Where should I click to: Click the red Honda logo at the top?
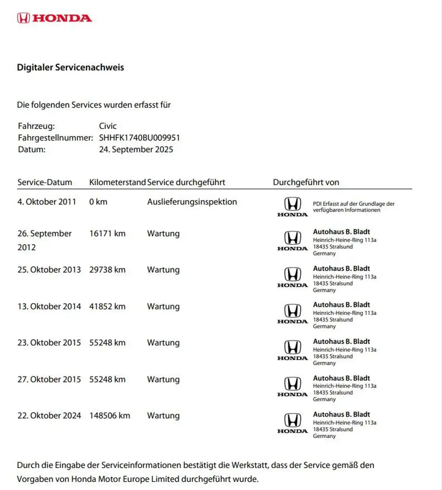coord(54,18)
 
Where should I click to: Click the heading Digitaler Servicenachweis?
coord(70,68)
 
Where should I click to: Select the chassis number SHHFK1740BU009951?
coord(139,137)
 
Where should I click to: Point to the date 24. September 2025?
coord(136,149)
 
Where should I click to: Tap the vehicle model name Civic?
coord(108,126)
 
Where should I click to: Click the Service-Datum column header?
coord(44,182)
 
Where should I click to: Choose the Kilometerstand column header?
coord(118,182)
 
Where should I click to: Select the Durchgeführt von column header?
coord(306,182)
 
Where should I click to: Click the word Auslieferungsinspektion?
coord(192,202)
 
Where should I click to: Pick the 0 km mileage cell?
coord(98,202)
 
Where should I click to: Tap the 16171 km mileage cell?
coord(108,234)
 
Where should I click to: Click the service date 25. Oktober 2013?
coord(49,270)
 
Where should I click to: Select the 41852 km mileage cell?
coord(108,306)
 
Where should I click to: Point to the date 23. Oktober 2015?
coord(49,343)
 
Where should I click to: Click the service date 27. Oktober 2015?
coord(49,379)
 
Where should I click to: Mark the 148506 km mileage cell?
coord(110,416)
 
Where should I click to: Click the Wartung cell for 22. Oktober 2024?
coord(163,416)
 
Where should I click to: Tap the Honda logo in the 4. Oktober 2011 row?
coord(292,206)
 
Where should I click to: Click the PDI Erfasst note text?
coord(354,207)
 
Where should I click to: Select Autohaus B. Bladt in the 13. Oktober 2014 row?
coord(341,305)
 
